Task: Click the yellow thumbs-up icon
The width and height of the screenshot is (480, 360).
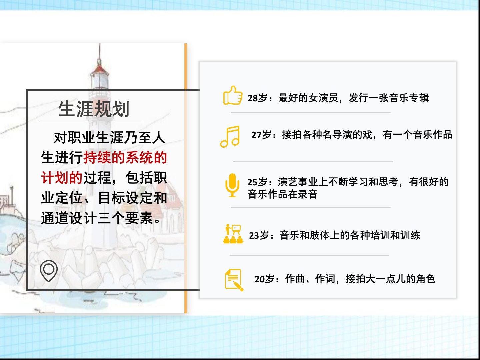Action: pyautogui.click(x=233, y=95)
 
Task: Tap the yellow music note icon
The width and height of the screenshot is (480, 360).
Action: pyautogui.click(x=230, y=137)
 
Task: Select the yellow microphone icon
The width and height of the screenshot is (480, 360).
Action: pyautogui.click(x=232, y=185)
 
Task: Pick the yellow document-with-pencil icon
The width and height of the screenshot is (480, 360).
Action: pyautogui.click(x=234, y=280)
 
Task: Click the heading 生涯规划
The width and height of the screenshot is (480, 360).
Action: pyautogui.click(x=94, y=109)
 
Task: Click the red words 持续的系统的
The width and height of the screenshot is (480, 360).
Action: pyautogui.click(x=125, y=157)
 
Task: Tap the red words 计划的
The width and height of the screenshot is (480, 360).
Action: pyautogui.click(x=62, y=177)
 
